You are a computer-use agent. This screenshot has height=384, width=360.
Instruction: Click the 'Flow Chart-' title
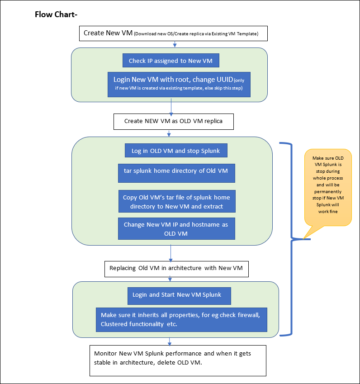point(56,14)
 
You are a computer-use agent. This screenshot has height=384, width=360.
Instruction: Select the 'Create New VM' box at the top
point(173,33)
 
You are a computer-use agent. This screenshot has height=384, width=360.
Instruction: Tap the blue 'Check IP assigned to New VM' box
point(171,61)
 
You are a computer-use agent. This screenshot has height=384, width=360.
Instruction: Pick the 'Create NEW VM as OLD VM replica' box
point(174,122)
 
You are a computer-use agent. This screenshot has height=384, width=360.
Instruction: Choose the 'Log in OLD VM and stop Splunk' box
point(176,150)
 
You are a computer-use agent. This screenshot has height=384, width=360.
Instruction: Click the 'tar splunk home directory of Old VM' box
point(176,173)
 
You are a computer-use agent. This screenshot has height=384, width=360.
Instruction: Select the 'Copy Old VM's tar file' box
point(177,201)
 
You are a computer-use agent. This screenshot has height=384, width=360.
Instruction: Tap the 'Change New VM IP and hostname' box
point(176,228)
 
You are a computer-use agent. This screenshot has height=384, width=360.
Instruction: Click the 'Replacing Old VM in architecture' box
point(176,269)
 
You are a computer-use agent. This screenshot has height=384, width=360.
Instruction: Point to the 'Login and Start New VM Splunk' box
point(179,296)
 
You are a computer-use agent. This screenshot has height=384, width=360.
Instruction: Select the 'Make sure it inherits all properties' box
point(181,320)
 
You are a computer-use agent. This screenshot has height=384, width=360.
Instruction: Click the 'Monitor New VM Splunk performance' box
point(178,360)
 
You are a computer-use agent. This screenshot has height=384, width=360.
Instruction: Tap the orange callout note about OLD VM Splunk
point(328,187)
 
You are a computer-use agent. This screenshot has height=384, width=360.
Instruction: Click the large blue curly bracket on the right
point(291,239)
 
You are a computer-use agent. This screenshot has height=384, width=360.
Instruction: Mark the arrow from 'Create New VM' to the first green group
point(175,44)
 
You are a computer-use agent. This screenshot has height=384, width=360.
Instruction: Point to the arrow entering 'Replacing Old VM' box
point(171,253)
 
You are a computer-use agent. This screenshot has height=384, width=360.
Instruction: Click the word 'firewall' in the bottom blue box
point(249,315)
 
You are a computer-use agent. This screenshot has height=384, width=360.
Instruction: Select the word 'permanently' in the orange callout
point(328,191)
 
